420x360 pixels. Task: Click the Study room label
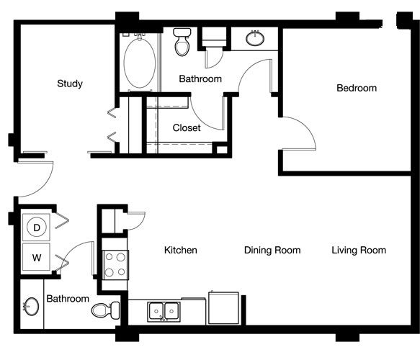coord(70,84)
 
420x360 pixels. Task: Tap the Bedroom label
coord(357,88)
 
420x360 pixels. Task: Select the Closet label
coord(187,127)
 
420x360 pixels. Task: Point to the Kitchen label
coord(181,250)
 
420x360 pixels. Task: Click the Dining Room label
coord(272,250)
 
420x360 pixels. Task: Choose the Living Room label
coord(359,250)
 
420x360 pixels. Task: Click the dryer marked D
coord(37,228)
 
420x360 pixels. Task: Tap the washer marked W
coord(37,258)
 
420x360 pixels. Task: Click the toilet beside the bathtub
coord(182,42)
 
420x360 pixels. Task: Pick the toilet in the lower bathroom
coord(105,310)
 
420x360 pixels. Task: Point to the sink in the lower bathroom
coord(31,307)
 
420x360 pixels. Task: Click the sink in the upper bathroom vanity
coord(255,38)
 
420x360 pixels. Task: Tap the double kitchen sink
coord(164,312)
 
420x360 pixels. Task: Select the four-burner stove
coord(115,265)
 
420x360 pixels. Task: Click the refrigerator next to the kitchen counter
coord(223,308)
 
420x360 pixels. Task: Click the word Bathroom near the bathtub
coord(200,78)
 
